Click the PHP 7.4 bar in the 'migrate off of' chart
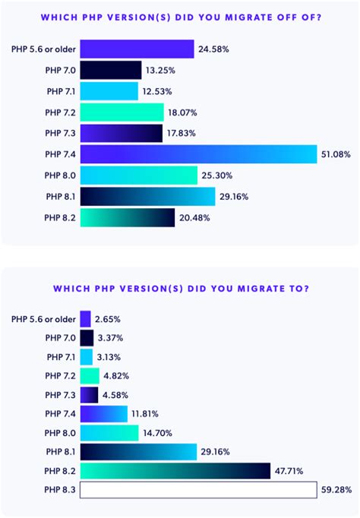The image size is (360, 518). tap(197, 155)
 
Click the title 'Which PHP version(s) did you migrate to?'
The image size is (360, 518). tap(180, 289)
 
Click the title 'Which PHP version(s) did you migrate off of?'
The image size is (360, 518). tap(180, 17)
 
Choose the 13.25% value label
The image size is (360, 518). tap(163, 71)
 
